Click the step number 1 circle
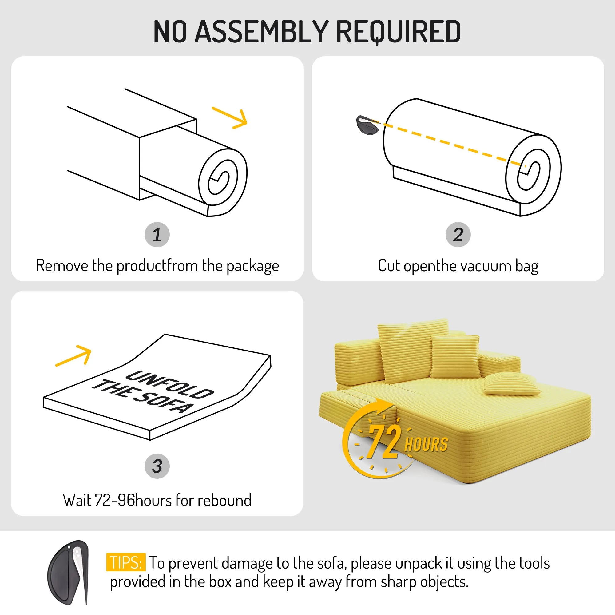tap(157, 235)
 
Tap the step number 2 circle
tap(458, 235)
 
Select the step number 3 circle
tap(157, 466)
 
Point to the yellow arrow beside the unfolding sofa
tap(73, 355)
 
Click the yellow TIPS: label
tap(126, 562)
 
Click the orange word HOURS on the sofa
tap(426, 444)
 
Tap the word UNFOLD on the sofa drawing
tap(170, 385)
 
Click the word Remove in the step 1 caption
tap(62, 265)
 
